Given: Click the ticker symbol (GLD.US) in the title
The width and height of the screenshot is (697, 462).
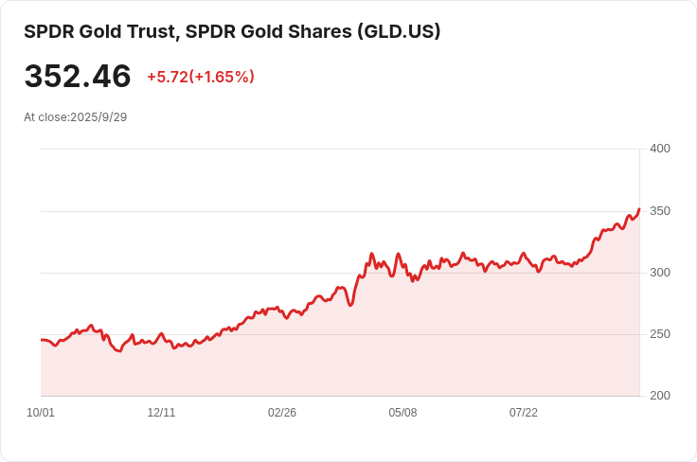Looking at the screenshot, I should pos(399,31).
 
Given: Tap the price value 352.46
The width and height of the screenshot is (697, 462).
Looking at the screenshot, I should pos(78,77).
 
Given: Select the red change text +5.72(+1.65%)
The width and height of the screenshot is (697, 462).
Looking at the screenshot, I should pos(200,77).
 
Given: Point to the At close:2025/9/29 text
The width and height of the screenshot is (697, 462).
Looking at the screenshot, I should pos(75,117).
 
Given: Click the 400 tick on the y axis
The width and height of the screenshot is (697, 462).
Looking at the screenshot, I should pos(660,149).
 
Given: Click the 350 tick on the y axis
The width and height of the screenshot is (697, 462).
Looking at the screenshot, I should pos(660,210).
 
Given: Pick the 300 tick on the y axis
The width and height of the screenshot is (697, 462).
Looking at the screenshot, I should pos(660,273).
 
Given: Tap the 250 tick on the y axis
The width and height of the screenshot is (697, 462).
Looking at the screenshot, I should pos(660,334).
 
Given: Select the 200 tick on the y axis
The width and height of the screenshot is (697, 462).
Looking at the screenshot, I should pos(660,396).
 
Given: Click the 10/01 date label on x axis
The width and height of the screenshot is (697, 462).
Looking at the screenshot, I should pos(41,413).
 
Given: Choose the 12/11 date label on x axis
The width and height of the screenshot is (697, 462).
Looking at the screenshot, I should pos(161,413).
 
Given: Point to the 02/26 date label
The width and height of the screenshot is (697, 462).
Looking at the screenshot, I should pos(282,413).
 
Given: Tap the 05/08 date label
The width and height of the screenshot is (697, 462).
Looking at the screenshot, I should pos(402,413).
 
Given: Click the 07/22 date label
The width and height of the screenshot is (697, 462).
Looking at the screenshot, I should pos(524,413).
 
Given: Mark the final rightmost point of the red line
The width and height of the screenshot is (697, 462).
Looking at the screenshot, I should pos(639,209).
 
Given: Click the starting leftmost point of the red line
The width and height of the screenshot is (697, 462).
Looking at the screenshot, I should pos(42,339).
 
